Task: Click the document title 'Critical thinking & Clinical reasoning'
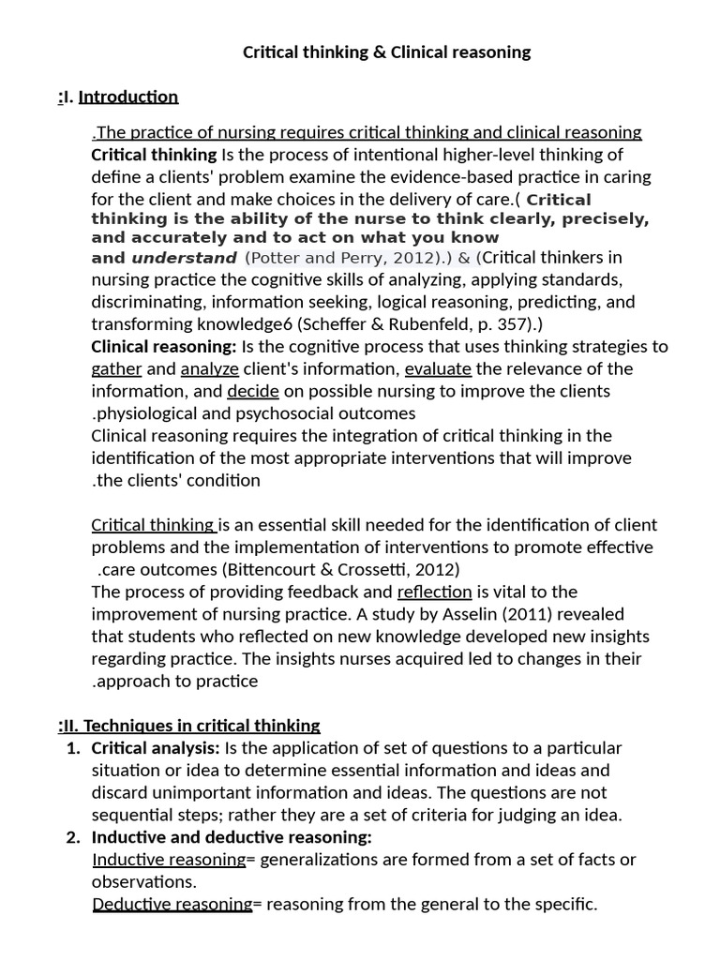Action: point(386,52)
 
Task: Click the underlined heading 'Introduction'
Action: point(127,97)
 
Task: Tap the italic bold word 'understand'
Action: point(184,258)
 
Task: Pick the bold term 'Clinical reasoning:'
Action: point(164,347)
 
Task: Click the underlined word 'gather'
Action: point(116,369)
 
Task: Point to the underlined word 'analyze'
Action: point(209,369)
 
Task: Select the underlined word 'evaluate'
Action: point(438,369)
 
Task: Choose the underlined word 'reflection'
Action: point(434,592)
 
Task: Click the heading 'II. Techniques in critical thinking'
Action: point(191,726)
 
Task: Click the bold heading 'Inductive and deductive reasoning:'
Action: point(232,837)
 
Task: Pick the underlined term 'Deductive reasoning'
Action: point(172,905)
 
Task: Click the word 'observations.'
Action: point(143,882)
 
